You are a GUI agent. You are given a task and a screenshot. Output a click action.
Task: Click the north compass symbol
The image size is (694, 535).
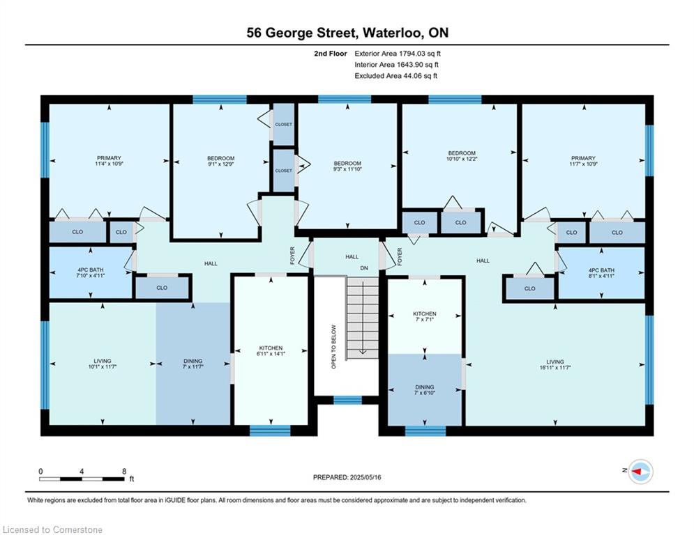coord(640,472)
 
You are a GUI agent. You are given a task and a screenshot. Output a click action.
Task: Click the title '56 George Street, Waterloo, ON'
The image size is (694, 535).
coord(347,33)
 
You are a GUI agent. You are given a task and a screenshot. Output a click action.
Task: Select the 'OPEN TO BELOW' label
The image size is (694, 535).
coord(333,347)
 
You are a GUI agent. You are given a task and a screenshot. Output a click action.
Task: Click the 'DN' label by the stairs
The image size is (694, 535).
coord(364,268)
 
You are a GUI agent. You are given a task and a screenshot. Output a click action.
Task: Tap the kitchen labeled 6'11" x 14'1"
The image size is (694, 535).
coord(271,350)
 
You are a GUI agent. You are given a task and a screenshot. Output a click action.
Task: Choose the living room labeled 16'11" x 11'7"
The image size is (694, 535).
coord(555,364)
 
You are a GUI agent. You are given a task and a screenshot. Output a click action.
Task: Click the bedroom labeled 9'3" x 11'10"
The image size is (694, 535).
coord(347,166)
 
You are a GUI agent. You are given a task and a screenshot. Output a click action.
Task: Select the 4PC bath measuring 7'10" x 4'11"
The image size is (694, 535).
coord(91,272)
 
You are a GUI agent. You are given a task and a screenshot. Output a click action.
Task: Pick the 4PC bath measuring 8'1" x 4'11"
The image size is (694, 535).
coord(601,273)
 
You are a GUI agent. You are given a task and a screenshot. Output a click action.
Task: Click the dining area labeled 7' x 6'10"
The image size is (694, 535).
coord(425,389)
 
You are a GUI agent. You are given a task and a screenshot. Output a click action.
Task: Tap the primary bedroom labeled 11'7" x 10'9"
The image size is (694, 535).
coord(583,160)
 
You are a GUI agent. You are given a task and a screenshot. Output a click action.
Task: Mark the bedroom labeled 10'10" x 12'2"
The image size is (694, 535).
coord(461,155)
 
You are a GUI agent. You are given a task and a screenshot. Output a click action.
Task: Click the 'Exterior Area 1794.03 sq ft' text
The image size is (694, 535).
coord(398,54)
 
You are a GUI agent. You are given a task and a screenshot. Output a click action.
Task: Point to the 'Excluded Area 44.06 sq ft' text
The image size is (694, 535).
coord(395,76)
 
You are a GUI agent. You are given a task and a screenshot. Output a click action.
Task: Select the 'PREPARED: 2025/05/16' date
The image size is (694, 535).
coord(347,477)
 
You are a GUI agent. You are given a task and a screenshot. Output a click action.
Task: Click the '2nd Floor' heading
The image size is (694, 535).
coord(331,54)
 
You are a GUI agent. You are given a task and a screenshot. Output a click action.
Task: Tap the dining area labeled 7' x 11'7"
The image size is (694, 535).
coord(193,364)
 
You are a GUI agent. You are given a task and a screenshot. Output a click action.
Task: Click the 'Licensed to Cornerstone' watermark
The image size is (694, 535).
coord(52,529)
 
